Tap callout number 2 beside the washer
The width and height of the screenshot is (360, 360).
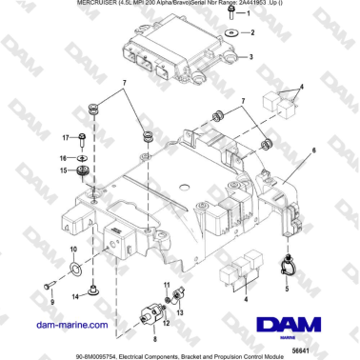pyautogui.click(x=253, y=32)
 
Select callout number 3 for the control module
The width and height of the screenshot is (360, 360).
pyautogui.click(x=250, y=57)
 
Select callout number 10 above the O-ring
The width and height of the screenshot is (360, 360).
pyautogui.click(x=73, y=251)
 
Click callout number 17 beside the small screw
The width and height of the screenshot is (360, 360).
pyautogui.click(x=65, y=137)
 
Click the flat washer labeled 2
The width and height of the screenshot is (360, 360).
pyautogui.click(x=230, y=33)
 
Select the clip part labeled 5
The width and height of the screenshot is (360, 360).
pyautogui.click(x=287, y=261)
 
